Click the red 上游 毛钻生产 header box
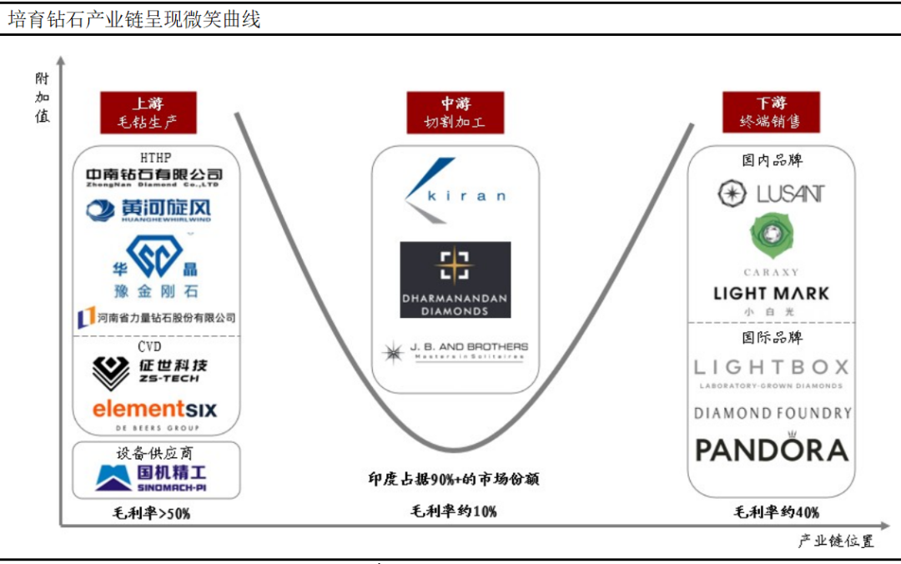[148, 113]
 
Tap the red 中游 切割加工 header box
[456, 113]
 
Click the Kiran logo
[456, 191]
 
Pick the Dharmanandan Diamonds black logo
[456, 279]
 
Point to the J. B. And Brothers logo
[456, 351]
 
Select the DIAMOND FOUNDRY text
[772, 413]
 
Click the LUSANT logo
[771, 194]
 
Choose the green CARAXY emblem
[772, 236]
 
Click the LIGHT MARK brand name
[772, 294]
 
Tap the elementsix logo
[154, 410]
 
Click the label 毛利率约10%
[454, 511]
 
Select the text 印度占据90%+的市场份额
[454, 479]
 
